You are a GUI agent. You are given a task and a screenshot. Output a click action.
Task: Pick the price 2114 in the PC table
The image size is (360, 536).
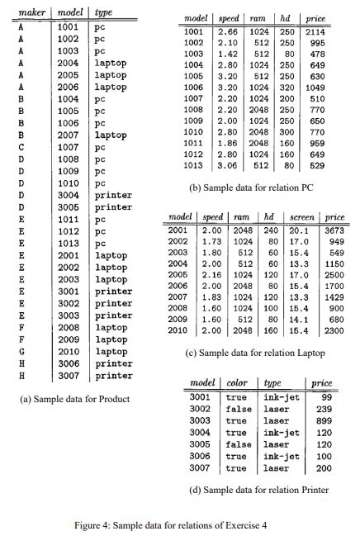(315, 31)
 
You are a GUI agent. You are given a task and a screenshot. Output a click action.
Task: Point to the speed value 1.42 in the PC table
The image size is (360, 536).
(229, 55)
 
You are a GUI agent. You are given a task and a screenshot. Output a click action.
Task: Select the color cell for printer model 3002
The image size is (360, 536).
(238, 408)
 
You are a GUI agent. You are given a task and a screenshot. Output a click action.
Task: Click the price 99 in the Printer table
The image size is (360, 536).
(324, 396)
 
